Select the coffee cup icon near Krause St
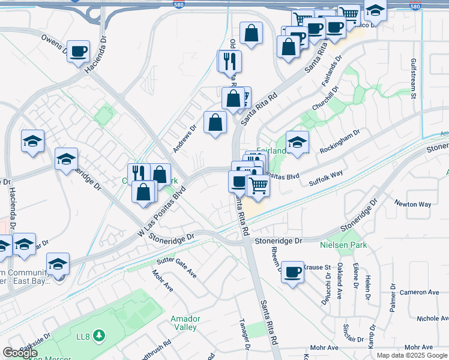tap(292, 272)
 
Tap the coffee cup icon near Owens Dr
tap(78, 52)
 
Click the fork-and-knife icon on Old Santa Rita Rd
tap(229, 61)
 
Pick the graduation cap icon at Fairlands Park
tap(297, 142)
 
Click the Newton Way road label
tap(413, 204)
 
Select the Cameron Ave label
tap(421, 292)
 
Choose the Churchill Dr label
tap(325, 97)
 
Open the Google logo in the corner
tap(20, 353)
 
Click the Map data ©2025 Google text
tap(412, 355)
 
